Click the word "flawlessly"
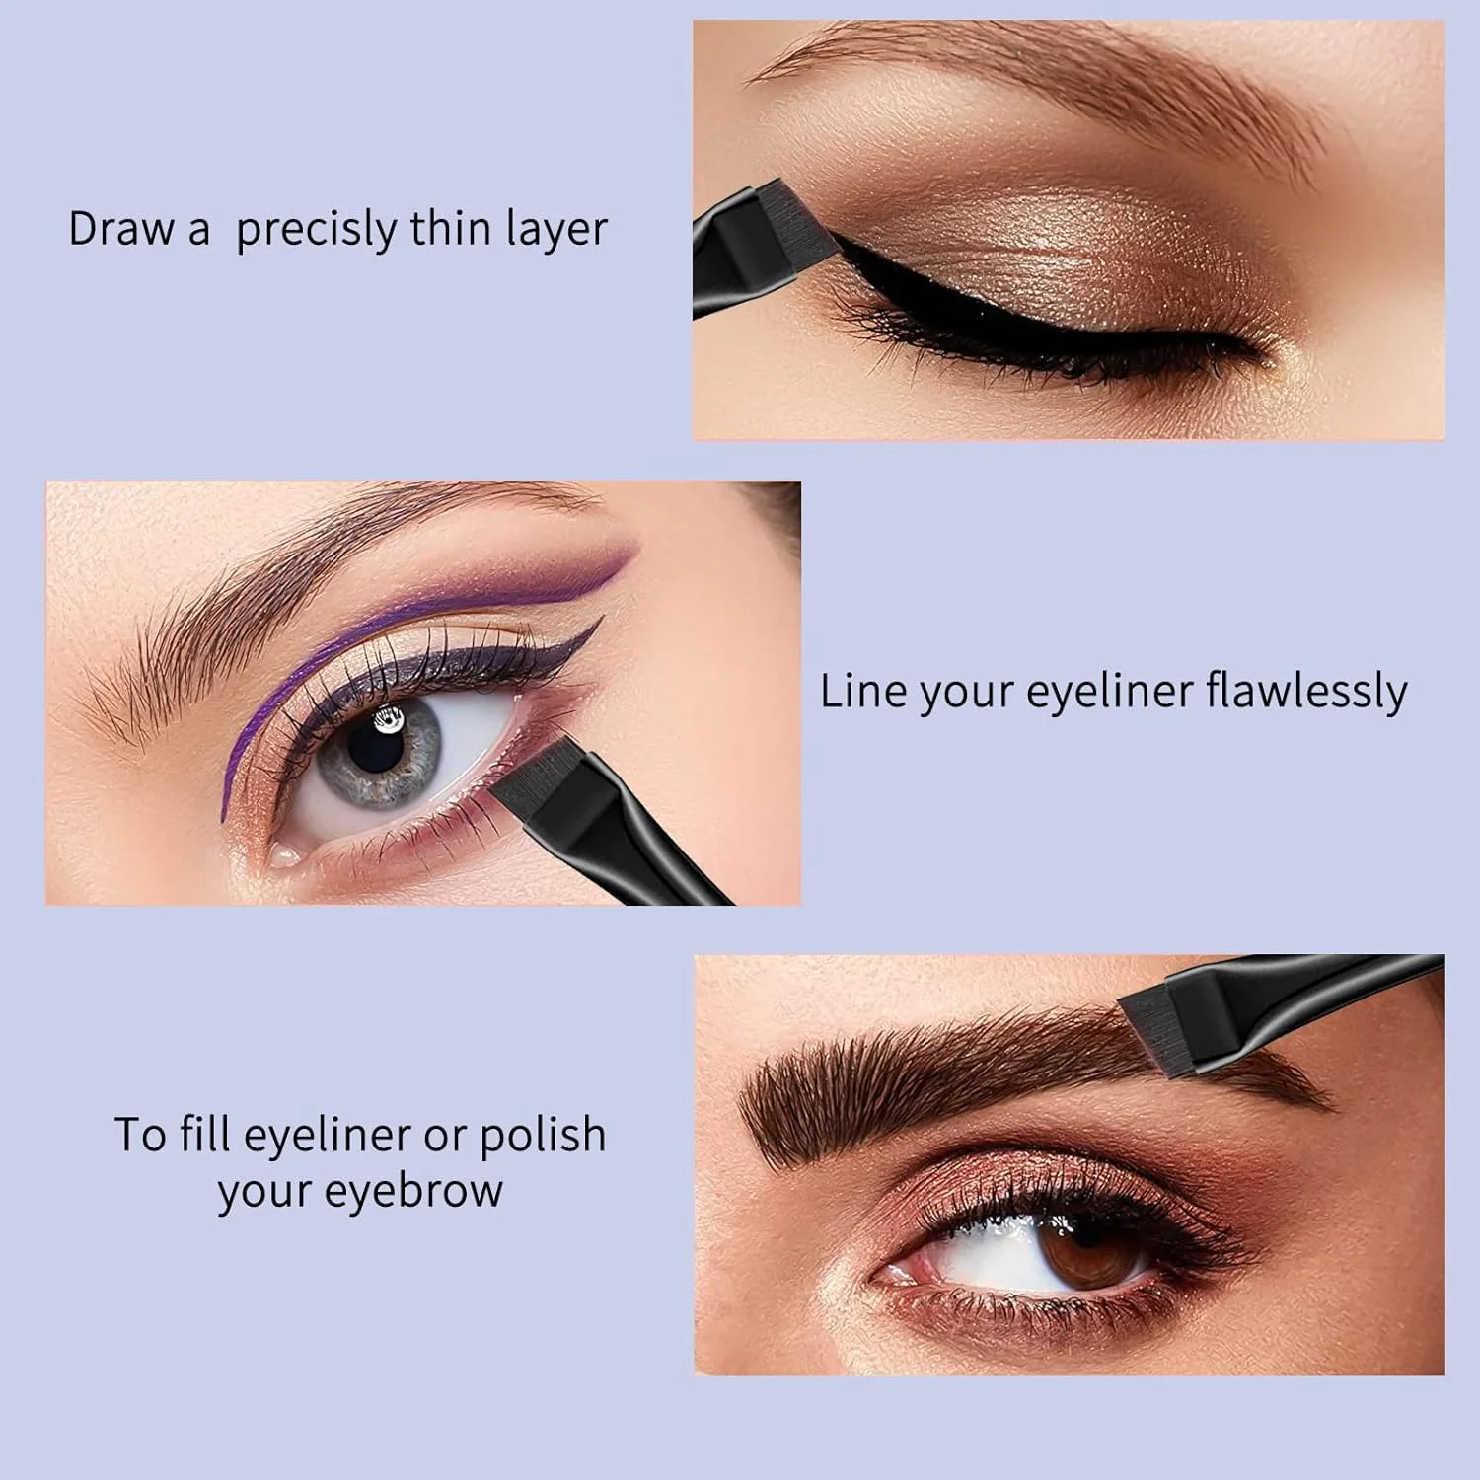tap(1306, 692)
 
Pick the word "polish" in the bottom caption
tap(543, 1136)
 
